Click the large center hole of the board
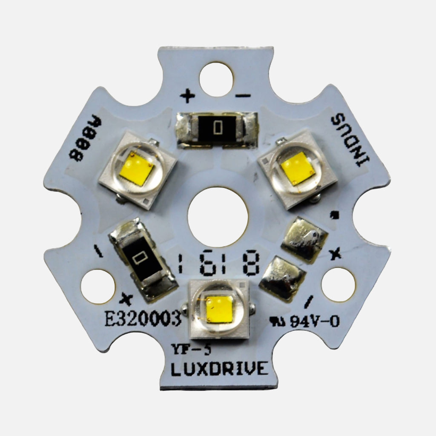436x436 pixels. [218, 217]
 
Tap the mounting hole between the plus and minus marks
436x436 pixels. [216, 79]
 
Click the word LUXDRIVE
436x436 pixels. [219, 369]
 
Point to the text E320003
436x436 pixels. [143, 319]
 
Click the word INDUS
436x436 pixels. [351, 140]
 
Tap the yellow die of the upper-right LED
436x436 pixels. [298, 168]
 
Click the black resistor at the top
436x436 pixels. [218, 128]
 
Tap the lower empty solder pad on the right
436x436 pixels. [282, 278]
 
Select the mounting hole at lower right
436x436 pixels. [338, 284]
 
